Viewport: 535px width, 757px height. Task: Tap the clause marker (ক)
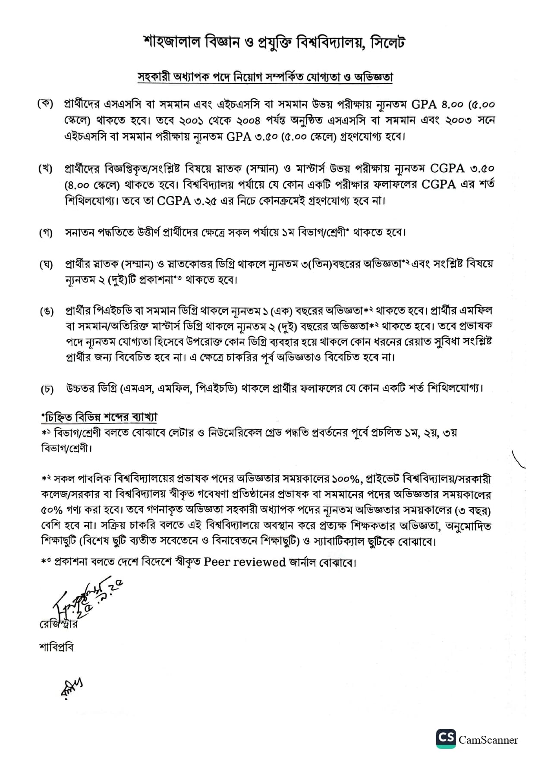[45, 104]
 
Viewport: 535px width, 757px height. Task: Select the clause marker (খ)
[45, 169]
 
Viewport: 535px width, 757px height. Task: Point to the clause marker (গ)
[46, 233]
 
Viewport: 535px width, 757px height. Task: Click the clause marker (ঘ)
[46, 264]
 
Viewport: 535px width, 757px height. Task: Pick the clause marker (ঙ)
[46, 311]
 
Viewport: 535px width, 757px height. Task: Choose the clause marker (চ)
[47, 389]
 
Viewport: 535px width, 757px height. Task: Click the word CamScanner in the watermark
[488, 740]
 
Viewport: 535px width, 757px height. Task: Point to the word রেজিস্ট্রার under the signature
[58, 624]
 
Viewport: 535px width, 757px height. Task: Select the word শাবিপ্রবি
[56, 647]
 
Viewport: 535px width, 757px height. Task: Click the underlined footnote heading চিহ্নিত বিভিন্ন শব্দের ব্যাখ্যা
[99, 417]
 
